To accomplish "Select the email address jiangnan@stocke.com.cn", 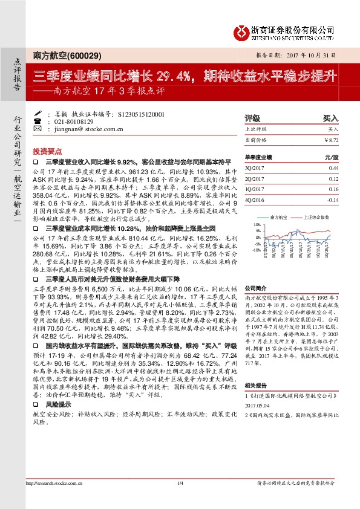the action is (85, 128).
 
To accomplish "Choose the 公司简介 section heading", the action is (255, 288).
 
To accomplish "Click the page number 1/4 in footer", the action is (180, 499).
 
